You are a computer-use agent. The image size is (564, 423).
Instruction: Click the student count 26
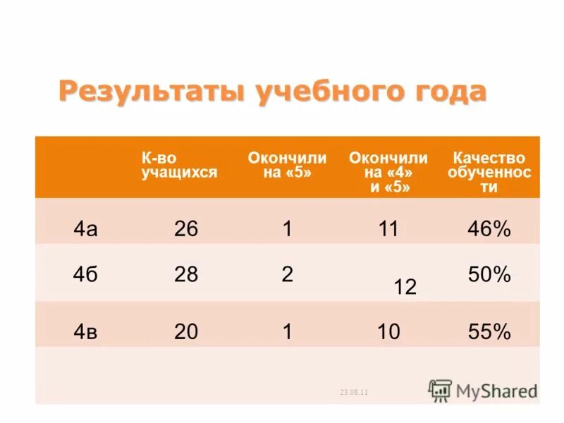coord(186,228)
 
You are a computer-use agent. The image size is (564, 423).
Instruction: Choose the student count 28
coord(186,274)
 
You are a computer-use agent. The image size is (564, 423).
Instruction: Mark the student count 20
coord(186,331)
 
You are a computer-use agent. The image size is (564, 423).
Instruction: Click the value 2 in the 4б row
coord(287,274)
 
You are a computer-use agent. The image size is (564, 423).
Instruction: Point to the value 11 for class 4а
coord(388,228)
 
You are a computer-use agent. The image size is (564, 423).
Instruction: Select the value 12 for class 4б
coord(405,287)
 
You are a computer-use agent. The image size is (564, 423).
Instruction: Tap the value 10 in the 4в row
coord(388,331)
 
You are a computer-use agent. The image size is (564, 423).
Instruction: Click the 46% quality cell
coord(489,228)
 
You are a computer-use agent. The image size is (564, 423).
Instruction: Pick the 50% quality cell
coord(489,274)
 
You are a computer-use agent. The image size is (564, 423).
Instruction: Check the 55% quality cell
coord(489,331)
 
